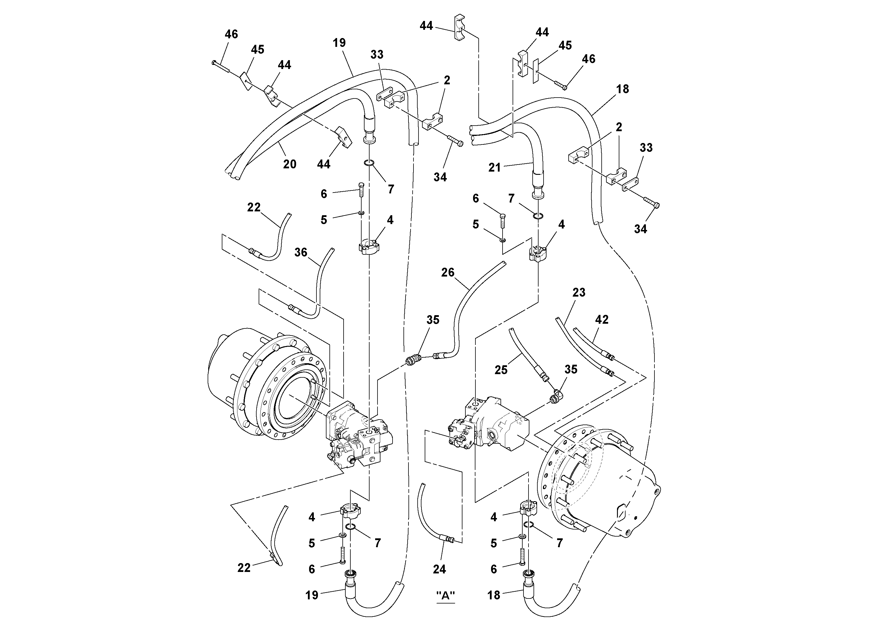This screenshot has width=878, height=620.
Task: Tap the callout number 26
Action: coord(448,272)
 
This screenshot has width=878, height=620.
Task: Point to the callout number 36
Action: coord(301,252)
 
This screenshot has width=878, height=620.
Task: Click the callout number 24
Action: coord(439,569)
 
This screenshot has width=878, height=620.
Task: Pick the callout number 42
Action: coord(602,320)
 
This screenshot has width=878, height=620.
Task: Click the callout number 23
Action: coord(579,292)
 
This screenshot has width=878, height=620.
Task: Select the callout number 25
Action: coord(501,370)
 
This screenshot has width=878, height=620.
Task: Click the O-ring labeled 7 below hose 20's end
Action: coord(369,163)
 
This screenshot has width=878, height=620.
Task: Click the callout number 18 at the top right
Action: coord(623,89)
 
